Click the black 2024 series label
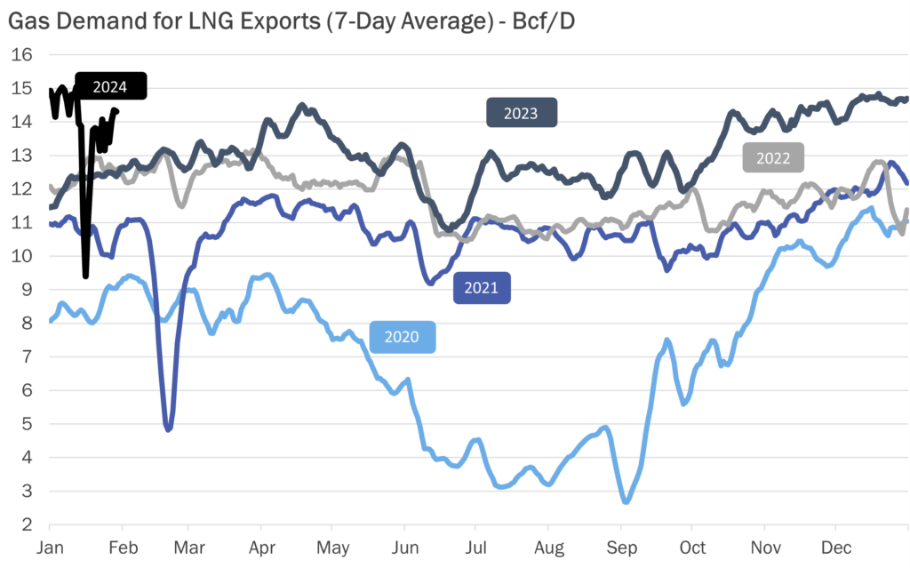coord(110,86)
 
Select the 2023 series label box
coord(521,113)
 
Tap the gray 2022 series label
coord(773,157)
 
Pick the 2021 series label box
coord(482,288)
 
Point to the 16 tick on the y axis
coord(21,55)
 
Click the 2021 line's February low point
coord(168,429)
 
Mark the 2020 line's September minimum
coord(626,502)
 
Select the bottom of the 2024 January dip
coord(85,276)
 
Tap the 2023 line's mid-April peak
coord(301,106)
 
